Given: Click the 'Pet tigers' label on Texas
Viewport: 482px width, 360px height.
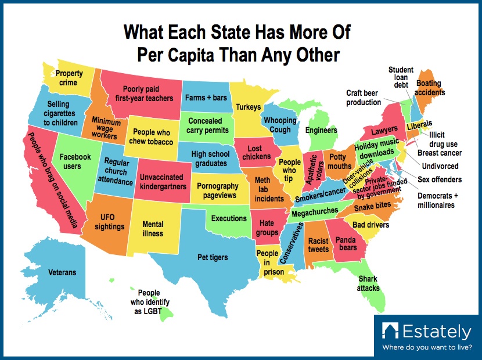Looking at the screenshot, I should click(213, 257).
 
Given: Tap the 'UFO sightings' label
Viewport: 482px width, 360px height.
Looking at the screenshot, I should click(109, 222).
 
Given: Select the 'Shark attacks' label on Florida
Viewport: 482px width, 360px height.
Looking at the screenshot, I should click(368, 283).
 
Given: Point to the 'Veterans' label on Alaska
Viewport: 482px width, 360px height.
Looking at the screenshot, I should click(62, 272).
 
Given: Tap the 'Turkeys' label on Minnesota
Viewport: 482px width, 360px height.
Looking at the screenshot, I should click(248, 107).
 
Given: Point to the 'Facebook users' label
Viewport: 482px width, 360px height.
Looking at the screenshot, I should click(75, 161).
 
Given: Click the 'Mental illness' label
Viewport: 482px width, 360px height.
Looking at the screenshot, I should click(153, 229).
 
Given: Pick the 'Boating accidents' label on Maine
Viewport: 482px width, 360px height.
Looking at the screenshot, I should click(430, 88).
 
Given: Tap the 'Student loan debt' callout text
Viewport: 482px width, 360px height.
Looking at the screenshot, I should click(401, 77).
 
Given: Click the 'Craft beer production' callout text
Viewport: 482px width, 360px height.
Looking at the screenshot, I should click(364, 98).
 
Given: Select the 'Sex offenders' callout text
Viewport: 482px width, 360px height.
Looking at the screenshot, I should click(441, 179).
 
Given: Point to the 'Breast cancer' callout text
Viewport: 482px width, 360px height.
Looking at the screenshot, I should click(441, 153).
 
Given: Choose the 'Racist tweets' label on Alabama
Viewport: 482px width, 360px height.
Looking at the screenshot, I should click(318, 245).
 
